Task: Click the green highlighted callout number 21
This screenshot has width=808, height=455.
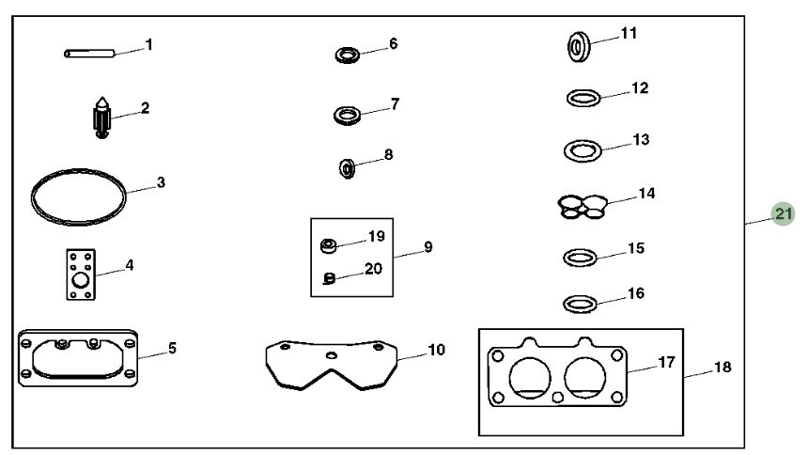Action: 783,214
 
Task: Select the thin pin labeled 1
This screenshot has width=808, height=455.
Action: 89,54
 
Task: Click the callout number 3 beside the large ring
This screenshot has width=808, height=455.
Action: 161,181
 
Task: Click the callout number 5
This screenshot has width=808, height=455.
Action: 172,349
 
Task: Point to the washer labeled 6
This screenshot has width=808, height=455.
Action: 348,54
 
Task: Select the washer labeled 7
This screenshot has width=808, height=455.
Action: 348,116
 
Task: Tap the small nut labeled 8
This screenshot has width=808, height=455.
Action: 347,169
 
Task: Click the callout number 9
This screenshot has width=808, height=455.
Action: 427,247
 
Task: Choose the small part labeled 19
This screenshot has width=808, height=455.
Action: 329,246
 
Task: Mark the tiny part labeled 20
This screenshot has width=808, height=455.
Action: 329,277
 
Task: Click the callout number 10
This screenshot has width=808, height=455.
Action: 436,350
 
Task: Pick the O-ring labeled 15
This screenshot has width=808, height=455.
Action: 579,257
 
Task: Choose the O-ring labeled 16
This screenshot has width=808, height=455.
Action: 579,304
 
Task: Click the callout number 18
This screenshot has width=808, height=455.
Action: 721,367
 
